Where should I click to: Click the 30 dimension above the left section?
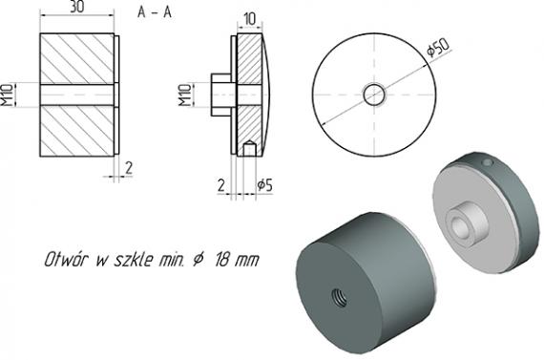point(79,9)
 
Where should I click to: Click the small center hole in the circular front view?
point(374,94)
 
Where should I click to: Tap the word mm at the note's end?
point(249,260)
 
